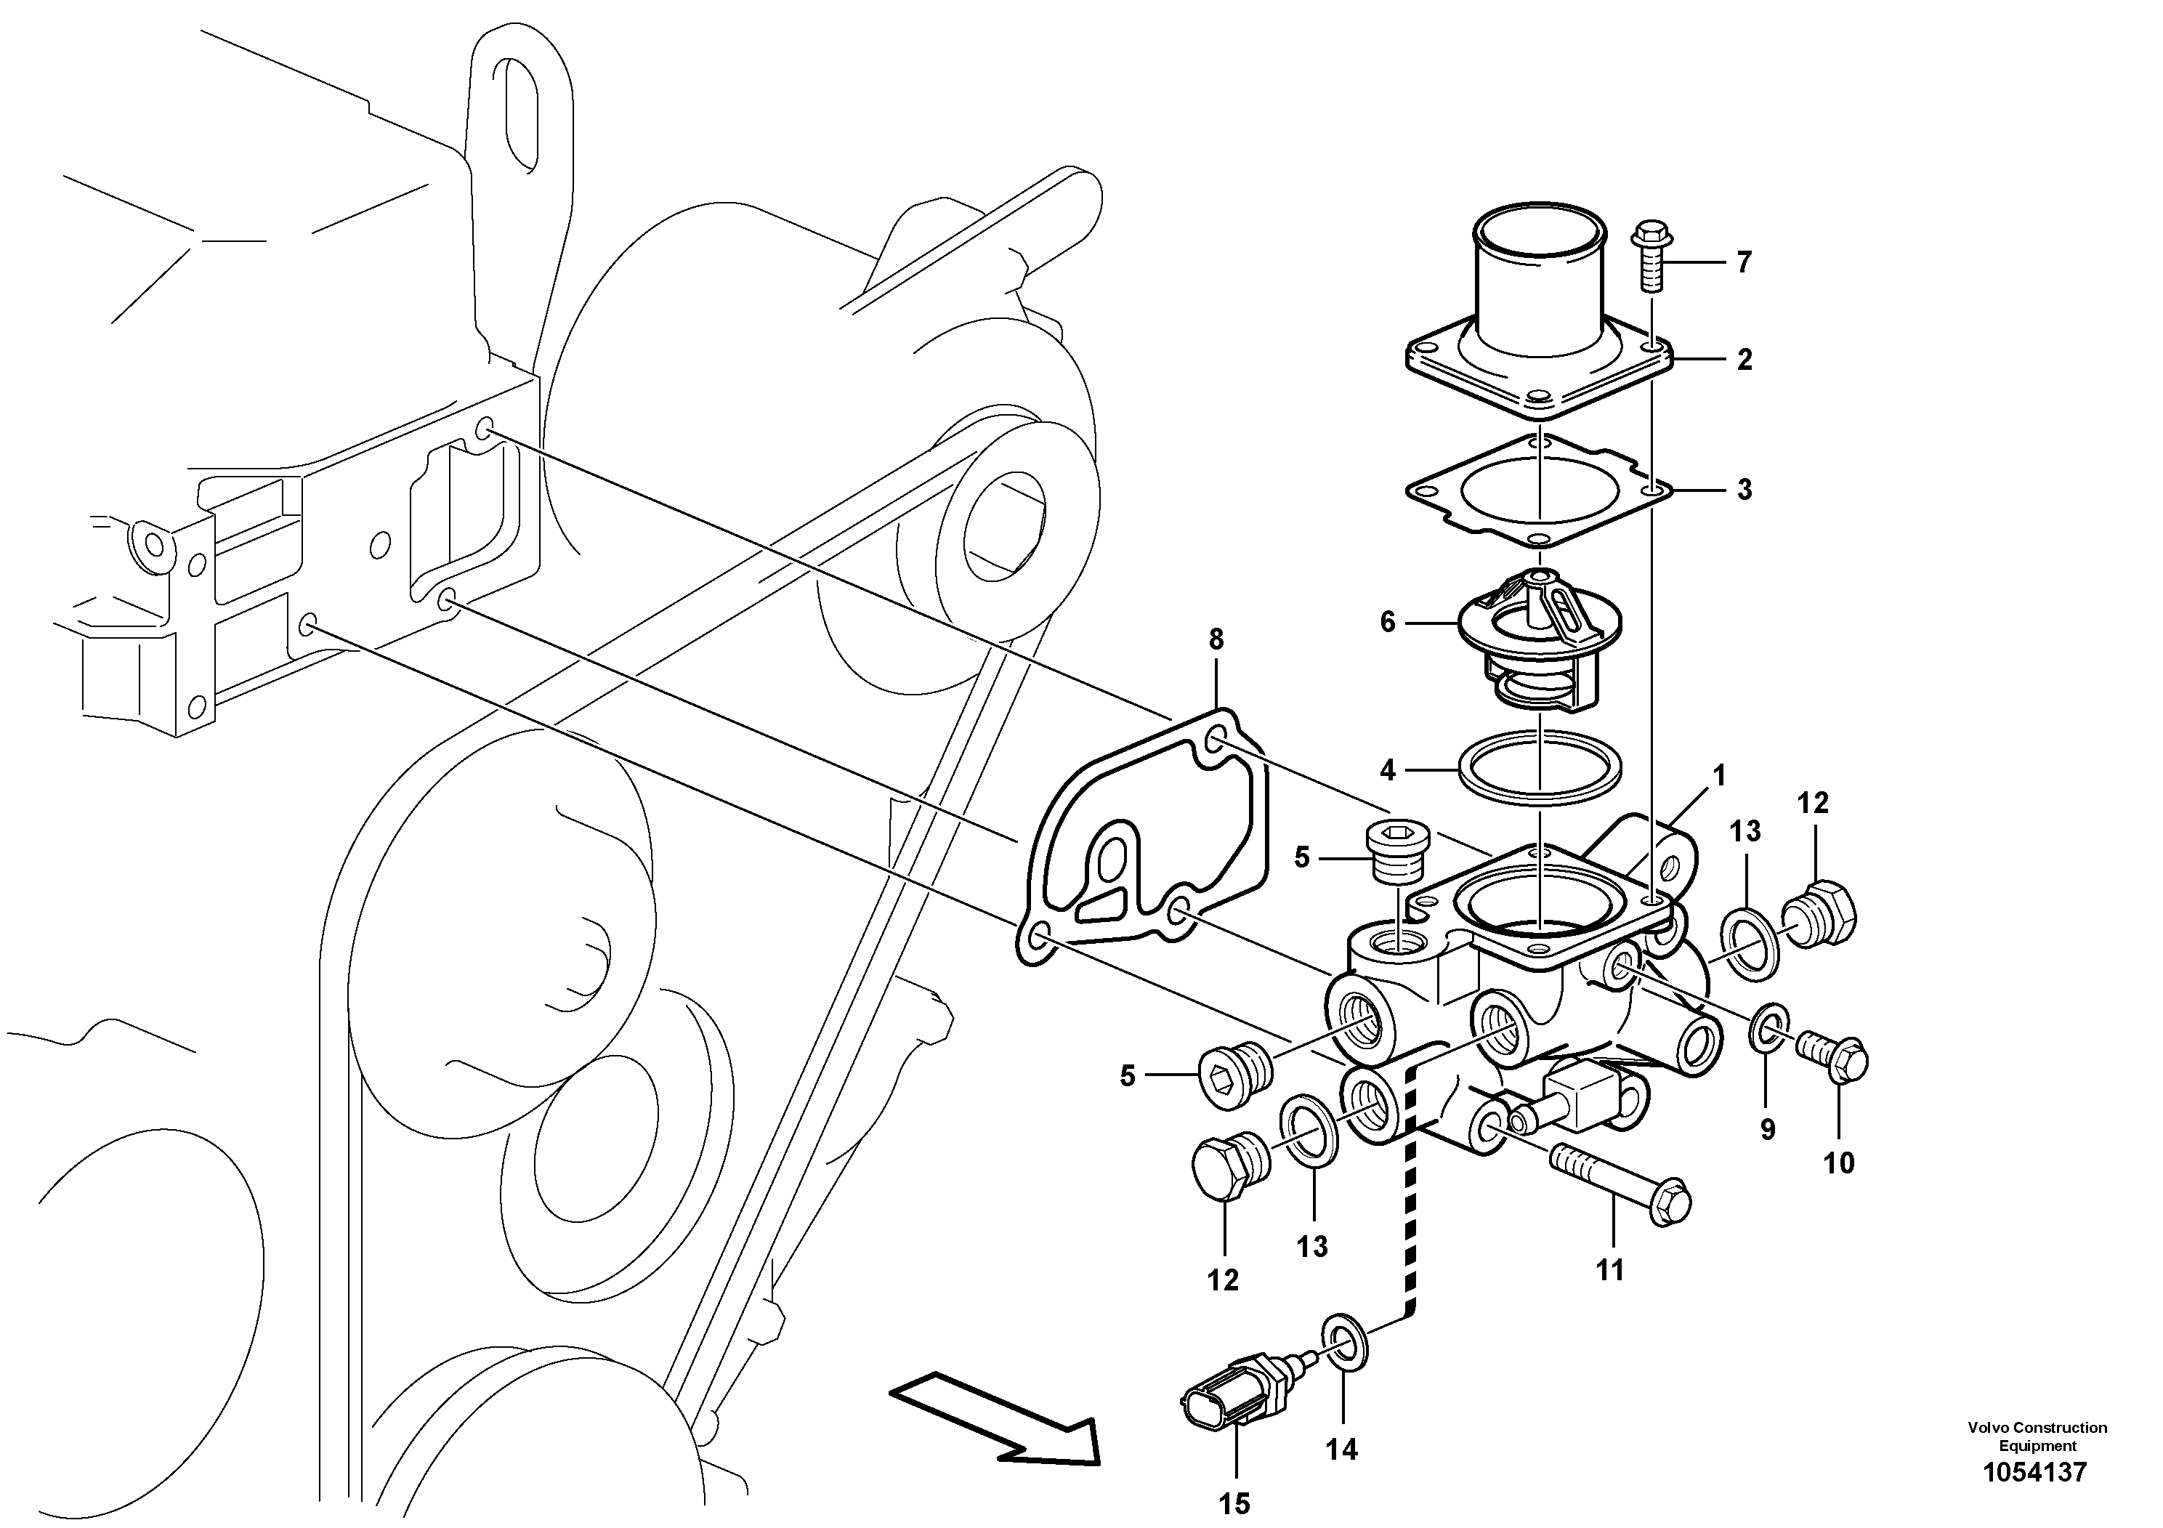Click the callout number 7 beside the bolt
(x=1744, y=263)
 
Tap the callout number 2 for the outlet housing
(x=1744, y=360)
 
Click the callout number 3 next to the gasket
(x=1744, y=490)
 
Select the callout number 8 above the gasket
(x=1216, y=639)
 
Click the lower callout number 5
(x=1128, y=1076)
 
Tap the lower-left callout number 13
(x=1311, y=1246)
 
